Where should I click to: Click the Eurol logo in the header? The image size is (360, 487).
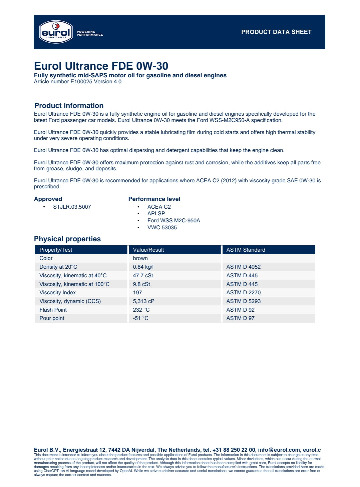pos(56,32)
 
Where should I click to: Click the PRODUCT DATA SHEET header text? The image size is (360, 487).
pos(276,32)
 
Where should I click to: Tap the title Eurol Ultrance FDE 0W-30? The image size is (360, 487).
pos(101,66)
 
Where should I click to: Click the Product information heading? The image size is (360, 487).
pos(69,106)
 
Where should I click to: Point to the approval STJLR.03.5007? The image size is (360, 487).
pos(72,207)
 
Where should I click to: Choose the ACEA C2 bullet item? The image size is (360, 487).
pos(159,207)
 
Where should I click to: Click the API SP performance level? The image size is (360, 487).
pos(156,214)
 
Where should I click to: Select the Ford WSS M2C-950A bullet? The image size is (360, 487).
pos(173,221)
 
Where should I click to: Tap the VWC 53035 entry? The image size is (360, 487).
pos(162,228)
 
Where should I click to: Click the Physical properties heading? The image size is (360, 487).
pos(67,239)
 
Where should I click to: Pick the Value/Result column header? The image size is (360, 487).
pos(148,250)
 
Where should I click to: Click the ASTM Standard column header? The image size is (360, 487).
pos(246,250)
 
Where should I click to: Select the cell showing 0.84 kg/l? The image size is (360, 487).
pos(143,267)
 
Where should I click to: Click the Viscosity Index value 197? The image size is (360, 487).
pos(137,293)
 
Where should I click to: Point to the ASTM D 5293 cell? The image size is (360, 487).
pos(243,301)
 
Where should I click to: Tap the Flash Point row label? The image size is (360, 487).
pos(53,310)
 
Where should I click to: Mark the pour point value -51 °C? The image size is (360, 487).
pos(140,318)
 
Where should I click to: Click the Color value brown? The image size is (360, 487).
pos(140,258)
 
